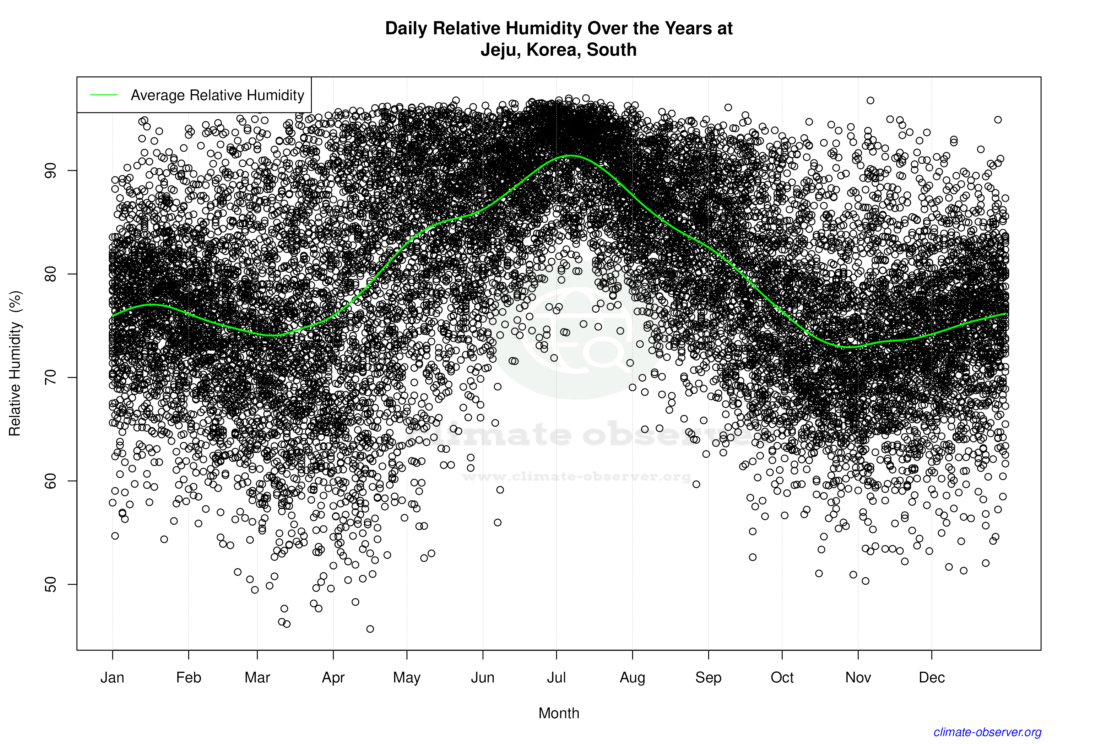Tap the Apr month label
[333, 678]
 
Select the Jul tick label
[556, 678]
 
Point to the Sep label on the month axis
[708, 678]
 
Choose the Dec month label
[932, 678]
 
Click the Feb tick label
[189, 678]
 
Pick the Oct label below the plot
[782, 678]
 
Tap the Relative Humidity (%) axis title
[15, 364]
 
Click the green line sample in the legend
[104, 95]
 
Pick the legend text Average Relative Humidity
[217, 95]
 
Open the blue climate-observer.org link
[987, 732]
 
